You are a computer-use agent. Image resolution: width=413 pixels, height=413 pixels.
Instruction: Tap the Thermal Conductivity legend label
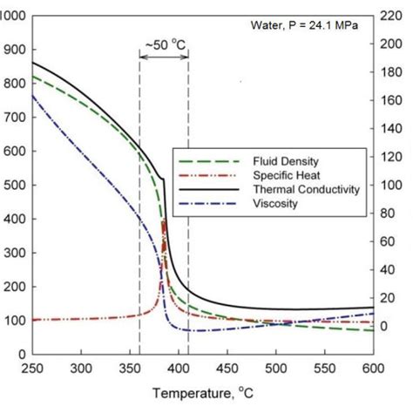306,189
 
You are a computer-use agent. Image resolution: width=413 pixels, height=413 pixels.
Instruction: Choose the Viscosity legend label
276,203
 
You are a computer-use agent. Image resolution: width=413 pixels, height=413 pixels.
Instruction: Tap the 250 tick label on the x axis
32,369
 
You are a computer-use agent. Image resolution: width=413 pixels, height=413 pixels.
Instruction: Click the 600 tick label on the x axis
374,369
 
